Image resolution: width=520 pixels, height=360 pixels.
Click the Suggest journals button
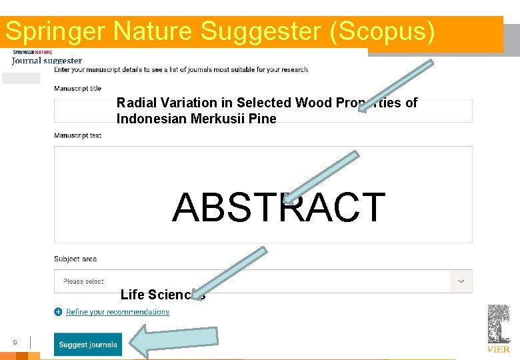(x=88, y=345)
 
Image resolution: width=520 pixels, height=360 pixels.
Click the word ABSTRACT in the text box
(x=279, y=207)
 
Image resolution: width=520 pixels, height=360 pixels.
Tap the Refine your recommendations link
(x=117, y=312)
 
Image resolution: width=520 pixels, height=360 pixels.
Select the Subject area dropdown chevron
(x=461, y=281)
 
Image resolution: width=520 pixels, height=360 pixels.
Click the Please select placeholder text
(x=83, y=281)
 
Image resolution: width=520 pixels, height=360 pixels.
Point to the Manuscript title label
(x=77, y=88)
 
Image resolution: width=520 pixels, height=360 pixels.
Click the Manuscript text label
(x=77, y=135)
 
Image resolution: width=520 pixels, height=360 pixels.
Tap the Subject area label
(x=75, y=259)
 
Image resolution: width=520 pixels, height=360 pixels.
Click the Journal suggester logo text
(x=47, y=61)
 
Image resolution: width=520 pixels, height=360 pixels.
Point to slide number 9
(x=15, y=343)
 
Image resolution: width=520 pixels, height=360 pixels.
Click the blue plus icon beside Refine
(x=58, y=311)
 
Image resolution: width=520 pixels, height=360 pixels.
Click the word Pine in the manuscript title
(x=263, y=119)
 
